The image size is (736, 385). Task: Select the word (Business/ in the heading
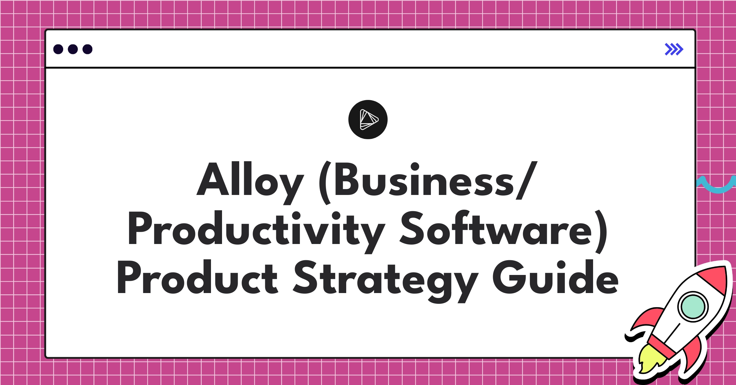[428, 182]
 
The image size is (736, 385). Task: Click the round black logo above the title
[368, 120]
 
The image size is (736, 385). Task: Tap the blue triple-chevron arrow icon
[674, 49]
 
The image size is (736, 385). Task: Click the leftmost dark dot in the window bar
[58, 49]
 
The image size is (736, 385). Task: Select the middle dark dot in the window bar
[73, 49]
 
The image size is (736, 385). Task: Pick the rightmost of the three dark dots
[87, 49]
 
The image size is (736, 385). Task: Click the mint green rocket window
[693, 307]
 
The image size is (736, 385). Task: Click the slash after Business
[527, 180]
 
